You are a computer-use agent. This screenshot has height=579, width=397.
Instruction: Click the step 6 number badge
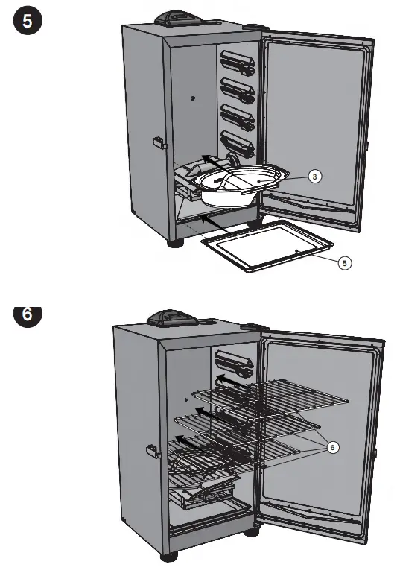click(28, 314)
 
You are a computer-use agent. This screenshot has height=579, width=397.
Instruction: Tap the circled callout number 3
click(315, 177)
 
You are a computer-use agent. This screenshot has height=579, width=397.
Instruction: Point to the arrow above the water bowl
click(219, 161)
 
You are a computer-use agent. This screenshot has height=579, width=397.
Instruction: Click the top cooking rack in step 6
click(276, 394)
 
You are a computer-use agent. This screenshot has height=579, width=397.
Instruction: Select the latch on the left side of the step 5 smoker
click(156, 141)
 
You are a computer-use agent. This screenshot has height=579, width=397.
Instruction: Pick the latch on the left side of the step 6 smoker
click(151, 451)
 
